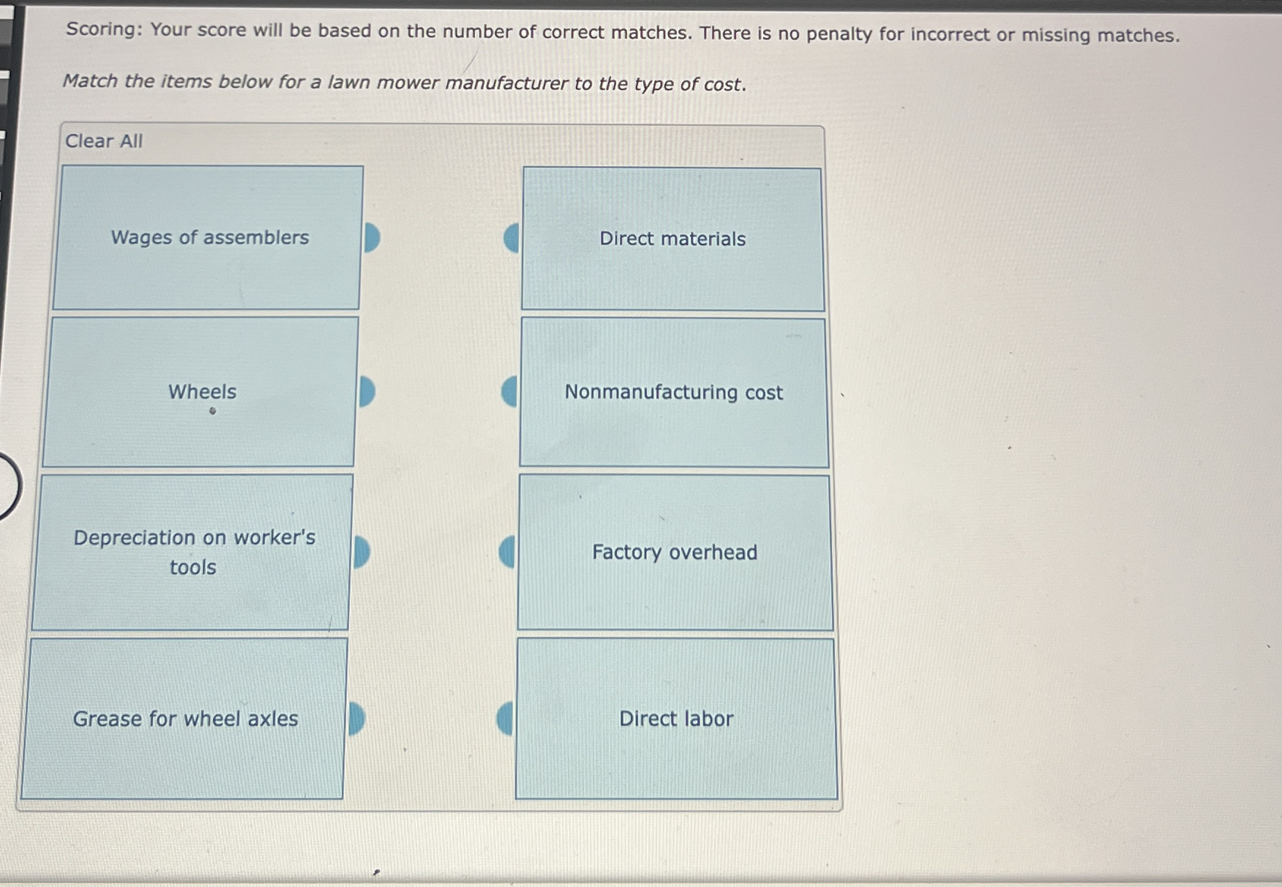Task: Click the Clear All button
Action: (104, 141)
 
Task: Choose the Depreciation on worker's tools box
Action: (192, 552)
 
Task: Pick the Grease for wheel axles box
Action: (184, 719)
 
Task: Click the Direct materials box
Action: (672, 239)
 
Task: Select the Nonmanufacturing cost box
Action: (674, 392)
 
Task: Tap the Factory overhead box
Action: (675, 552)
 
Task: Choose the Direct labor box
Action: (676, 719)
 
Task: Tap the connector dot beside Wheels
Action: (366, 392)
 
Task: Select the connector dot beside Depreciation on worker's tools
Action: (361, 552)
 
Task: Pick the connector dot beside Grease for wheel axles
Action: (356, 719)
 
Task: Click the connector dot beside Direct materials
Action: (512, 238)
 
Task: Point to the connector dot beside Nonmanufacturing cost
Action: (509, 392)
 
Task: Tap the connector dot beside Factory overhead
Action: (507, 552)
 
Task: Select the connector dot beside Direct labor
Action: (505, 718)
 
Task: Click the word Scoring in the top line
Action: (104, 29)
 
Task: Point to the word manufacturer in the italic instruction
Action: (506, 84)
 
